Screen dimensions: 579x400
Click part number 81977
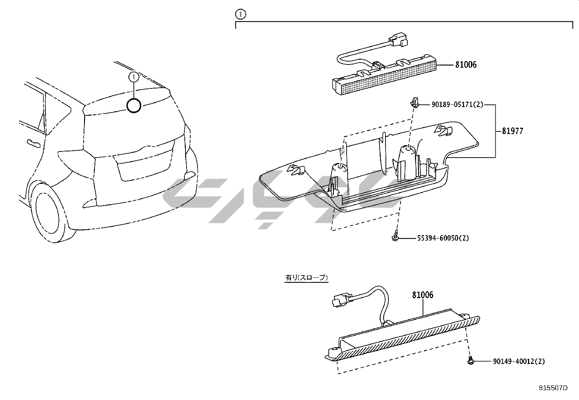tap(512, 131)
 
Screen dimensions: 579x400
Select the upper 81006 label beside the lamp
tap(466, 64)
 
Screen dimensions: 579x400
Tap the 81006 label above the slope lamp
tap(423, 295)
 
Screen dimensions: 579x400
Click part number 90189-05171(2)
tap(457, 104)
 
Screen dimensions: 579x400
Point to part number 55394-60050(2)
tap(443, 238)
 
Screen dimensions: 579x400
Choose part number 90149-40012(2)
tap(519, 361)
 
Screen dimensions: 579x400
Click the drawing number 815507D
tap(553, 388)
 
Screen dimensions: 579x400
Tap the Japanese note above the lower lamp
tap(306, 278)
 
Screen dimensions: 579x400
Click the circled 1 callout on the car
tap(133, 77)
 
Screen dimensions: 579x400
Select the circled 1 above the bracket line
tap(241, 14)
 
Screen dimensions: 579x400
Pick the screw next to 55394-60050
tap(395, 236)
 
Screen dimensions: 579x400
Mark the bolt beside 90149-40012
tap(471, 360)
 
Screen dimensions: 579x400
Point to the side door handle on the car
tap(33, 143)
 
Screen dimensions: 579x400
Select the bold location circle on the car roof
tap(134, 106)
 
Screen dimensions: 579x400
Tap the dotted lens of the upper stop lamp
tap(388, 80)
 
